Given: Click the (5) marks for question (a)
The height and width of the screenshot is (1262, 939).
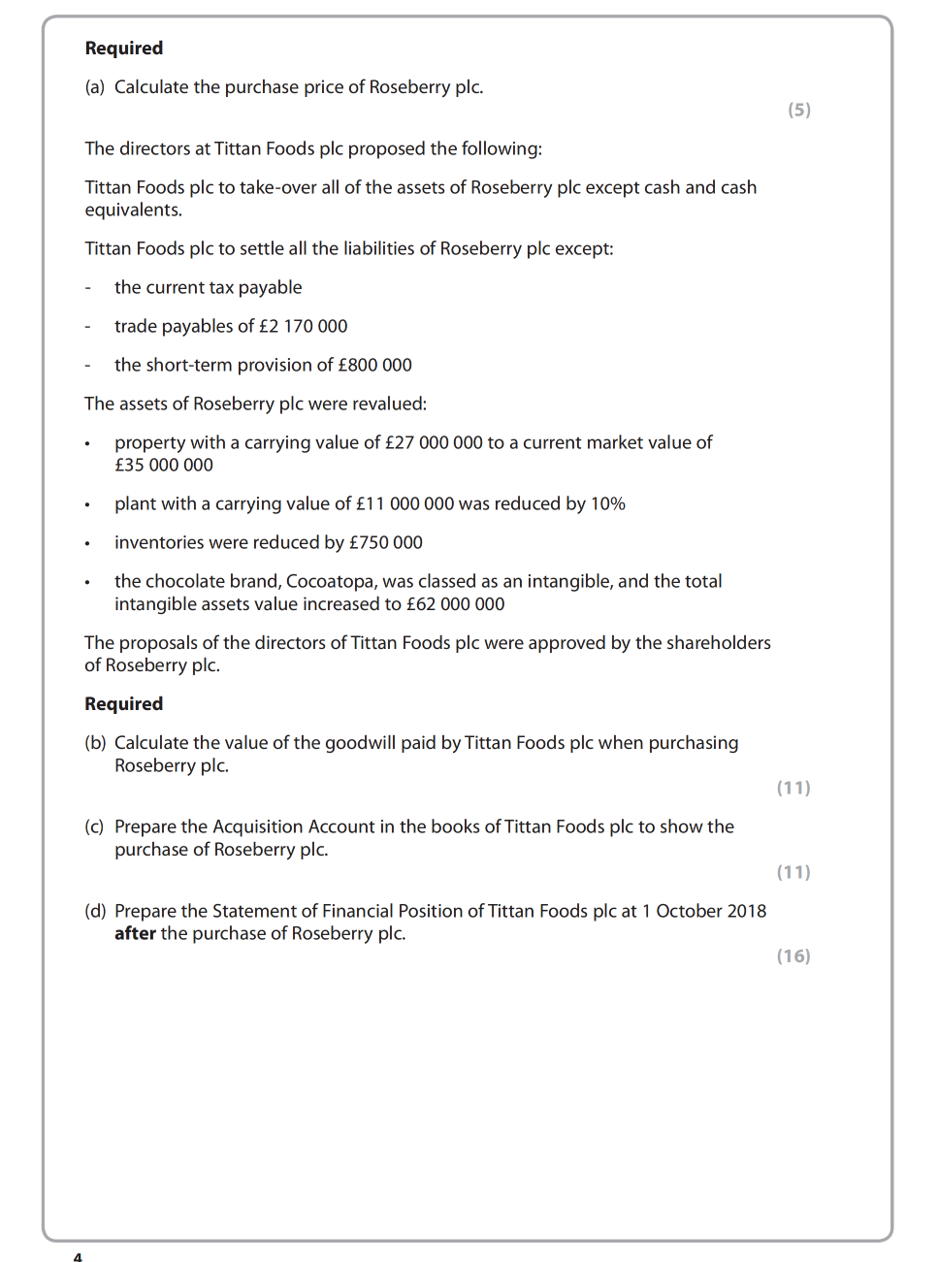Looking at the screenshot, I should (x=798, y=110).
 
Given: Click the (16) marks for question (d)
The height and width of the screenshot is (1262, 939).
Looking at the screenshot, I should (x=793, y=956).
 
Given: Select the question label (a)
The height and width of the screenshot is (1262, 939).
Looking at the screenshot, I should (x=95, y=87).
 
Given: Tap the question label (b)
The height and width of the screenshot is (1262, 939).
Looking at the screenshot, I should (x=95, y=743).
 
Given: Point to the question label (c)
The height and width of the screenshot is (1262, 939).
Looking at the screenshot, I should (x=95, y=826).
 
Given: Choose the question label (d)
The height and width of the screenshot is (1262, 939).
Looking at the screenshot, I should (x=95, y=911).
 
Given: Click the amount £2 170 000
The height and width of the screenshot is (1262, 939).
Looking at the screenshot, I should (x=303, y=326).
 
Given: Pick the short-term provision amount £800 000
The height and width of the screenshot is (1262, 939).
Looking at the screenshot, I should (x=374, y=365).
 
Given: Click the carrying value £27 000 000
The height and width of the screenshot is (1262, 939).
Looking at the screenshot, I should (x=434, y=442).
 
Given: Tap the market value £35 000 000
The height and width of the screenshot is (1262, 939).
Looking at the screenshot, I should (x=164, y=465).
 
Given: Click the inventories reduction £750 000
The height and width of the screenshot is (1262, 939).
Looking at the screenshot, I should (x=386, y=542).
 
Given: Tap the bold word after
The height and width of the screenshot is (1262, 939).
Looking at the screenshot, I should (x=135, y=933).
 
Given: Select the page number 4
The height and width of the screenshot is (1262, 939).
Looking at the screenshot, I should (x=78, y=1256).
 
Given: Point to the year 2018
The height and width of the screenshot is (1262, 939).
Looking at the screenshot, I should (x=744, y=911).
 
